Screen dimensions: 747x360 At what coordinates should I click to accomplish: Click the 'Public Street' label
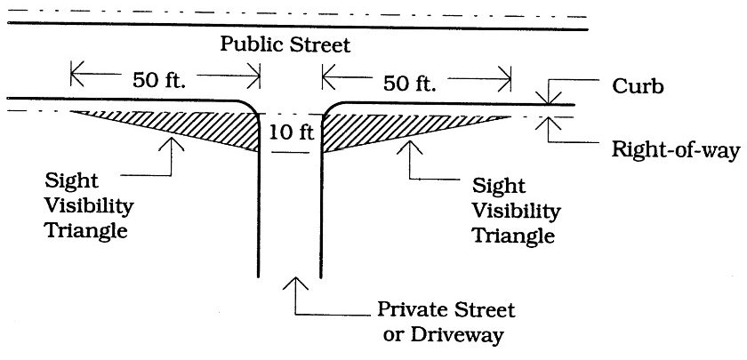pyautogui.click(x=285, y=44)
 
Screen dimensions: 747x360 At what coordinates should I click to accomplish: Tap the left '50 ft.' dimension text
pyautogui.click(x=159, y=80)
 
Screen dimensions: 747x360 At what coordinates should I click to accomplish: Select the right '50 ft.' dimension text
pyautogui.click(x=410, y=84)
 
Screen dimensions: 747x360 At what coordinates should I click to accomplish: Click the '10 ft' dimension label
pyautogui.click(x=292, y=132)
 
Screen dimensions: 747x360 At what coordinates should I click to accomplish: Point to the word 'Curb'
pyautogui.click(x=638, y=87)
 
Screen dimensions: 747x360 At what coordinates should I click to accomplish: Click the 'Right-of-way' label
pyautogui.click(x=676, y=150)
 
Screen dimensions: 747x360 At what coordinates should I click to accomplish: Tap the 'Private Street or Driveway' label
pyautogui.click(x=446, y=323)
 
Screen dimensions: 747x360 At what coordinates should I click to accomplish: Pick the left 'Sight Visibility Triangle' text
pyautogui.click(x=89, y=205)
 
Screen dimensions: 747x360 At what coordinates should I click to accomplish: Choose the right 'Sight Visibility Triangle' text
pyautogui.click(x=516, y=211)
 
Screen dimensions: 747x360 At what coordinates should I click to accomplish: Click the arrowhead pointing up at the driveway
pyautogui.click(x=295, y=283)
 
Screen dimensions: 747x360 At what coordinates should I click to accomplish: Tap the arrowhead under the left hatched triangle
pyautogui.click(x=171, y=144)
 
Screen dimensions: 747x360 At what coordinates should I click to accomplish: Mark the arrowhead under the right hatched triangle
pyautogui.click(x=410, y=146)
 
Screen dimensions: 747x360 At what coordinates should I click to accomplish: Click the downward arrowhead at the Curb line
pyautogui.click(x=548, y=98)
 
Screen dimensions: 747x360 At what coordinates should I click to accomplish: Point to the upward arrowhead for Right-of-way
pyautogui.click(x=548, y=123)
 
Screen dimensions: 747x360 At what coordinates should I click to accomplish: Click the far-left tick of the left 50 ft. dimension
pyautogui.click(x=71, y=74)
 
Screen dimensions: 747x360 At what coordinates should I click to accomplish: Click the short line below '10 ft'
pyautogui.click(x=290, y=152)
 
